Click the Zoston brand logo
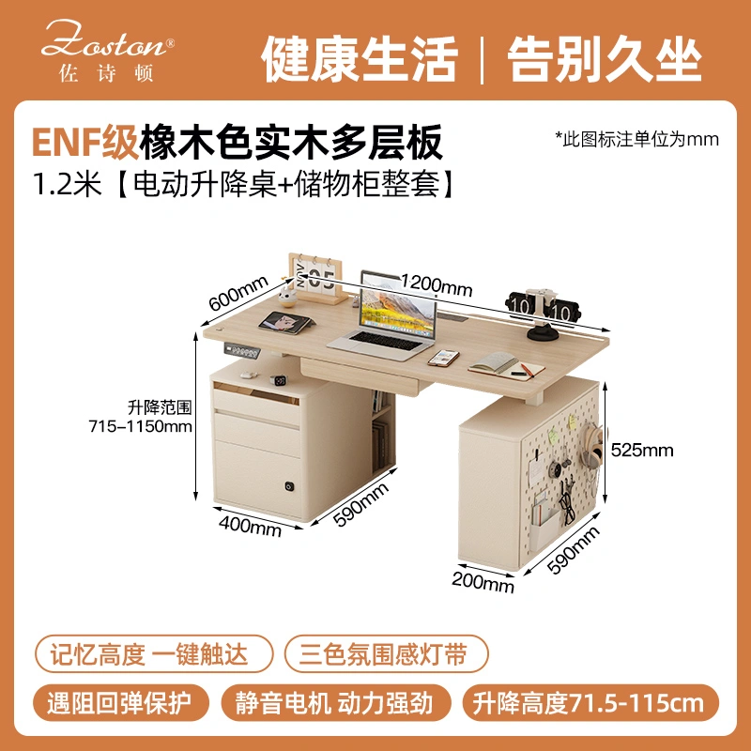tap(107, 51)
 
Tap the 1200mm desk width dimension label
tap(436, 285)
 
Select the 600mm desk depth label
tap(238, 293)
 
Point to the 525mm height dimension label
tap(642, 451)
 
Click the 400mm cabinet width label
tap(250, 526)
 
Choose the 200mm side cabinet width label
tap(483, 582)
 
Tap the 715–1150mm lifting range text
tap(140, 426)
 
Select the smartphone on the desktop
tap(443, 358)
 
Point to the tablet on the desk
tap(286, 322)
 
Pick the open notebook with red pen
tap(506, 366)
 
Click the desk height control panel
tap(242, 351)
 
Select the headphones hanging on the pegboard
tap(592, 445)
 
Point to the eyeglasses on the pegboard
tap(568, 508)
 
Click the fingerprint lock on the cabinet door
tap(290, 486)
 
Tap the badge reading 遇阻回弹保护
tap(121, 702)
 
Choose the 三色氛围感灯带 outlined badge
tap(387, 653)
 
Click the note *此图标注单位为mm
tap(637, 139)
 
